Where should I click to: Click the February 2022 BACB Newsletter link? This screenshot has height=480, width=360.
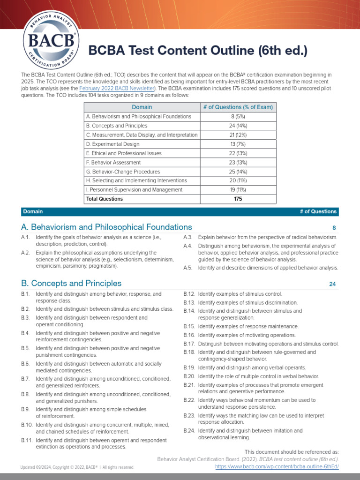point(117,88)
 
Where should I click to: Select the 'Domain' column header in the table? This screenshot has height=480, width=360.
point(142,107)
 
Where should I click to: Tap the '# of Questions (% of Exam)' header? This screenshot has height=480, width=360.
point(238,107)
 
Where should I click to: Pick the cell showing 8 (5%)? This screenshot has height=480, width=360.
point(238,116)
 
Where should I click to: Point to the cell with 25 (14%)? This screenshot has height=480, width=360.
point(238,172)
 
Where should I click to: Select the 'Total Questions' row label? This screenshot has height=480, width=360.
point(105,199)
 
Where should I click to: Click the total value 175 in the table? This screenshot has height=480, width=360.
point(238,199)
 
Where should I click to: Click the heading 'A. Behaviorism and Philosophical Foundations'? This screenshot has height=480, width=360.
point(106,227)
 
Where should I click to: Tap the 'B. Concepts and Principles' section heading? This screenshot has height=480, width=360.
point(71,283)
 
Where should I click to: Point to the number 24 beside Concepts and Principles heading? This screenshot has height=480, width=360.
point(333,284)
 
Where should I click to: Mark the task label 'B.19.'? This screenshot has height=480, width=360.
point(189,367)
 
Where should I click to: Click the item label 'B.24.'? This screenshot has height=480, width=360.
point(189,430)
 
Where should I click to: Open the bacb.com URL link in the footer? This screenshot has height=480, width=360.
point(277,467)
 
